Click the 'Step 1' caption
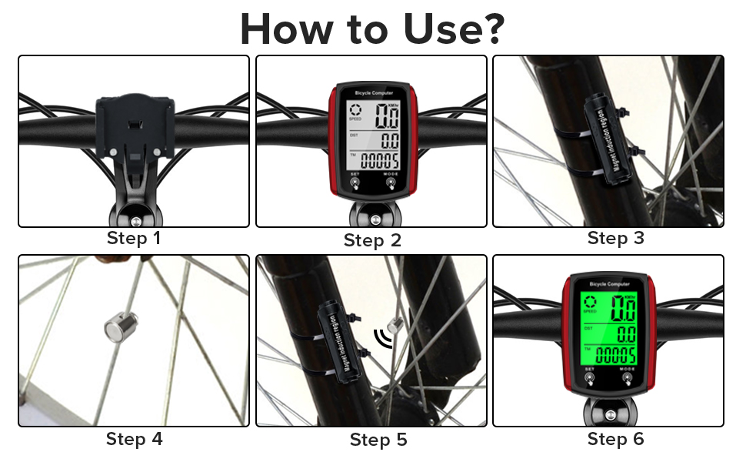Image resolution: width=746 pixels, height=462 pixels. coord(134,238)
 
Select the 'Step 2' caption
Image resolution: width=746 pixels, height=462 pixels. coord(372,240)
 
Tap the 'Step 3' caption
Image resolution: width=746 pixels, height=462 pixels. coord(615,238)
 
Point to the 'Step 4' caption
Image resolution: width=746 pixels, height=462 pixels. coord(134,439)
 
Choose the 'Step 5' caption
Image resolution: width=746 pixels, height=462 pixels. coord(378,440)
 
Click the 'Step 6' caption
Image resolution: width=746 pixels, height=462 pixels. coord(615,439)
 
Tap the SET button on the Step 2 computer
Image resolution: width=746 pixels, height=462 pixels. coord(355,183)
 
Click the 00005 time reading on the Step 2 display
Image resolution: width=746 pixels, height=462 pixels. coord(379,161)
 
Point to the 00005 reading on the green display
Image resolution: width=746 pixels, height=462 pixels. coord(616,355)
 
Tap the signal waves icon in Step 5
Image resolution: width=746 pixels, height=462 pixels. coord(381,337)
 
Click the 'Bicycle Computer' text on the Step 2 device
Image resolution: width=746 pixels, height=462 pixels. coord(372,92)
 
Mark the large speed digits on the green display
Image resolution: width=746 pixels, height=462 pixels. coord(622,309)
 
